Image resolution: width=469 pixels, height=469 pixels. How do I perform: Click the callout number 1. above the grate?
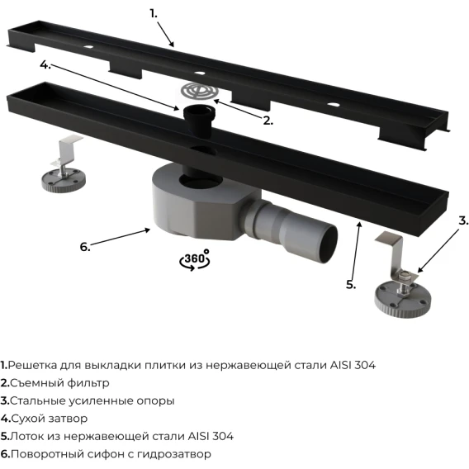pos(154,14)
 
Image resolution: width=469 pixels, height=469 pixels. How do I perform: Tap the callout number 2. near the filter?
pos(268,121)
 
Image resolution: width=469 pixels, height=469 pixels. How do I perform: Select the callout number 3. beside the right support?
pos(463,220)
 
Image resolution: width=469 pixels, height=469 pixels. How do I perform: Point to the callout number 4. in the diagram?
pos(45,64)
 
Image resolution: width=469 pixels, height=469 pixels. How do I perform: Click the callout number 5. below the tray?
pos(351,284)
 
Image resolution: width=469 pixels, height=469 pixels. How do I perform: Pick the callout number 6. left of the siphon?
pos(85,247)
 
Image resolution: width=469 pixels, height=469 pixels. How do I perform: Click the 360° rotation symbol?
pos(195,260)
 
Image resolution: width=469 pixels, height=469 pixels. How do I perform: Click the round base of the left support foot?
pos(64,180)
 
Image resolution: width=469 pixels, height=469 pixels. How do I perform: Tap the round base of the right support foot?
pos(403,298)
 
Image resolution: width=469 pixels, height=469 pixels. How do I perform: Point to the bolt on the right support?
pos(404,282)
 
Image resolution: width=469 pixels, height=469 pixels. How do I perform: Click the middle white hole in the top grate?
pos(199,73)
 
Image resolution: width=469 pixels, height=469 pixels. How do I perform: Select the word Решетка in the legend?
pos(32,365)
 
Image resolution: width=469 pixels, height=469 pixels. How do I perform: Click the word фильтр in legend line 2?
pos(88,383)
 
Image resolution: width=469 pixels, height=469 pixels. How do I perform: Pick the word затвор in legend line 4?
pos(69,419)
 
